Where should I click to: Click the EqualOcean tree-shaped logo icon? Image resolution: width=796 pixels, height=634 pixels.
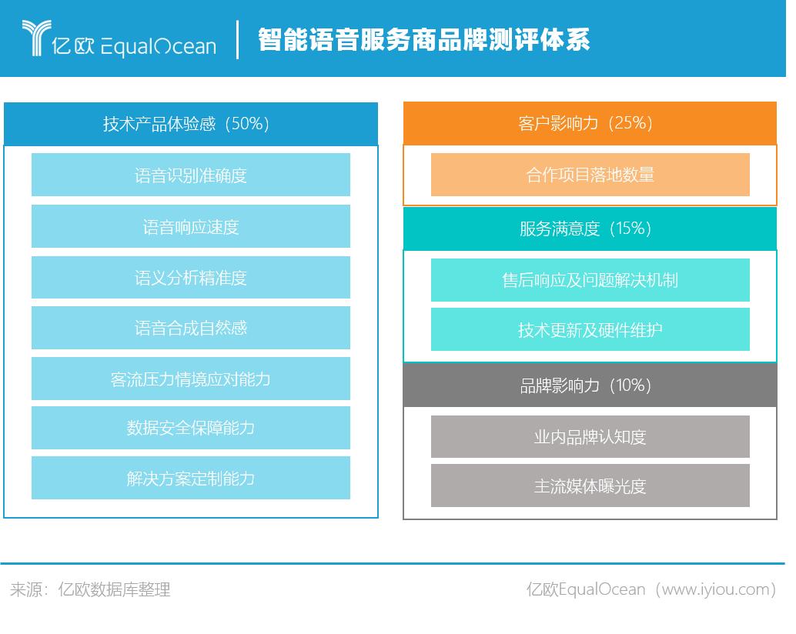pyautogui.click(x=36, y=38)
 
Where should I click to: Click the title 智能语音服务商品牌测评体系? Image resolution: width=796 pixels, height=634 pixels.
pyautogui.click(x=424, y=39)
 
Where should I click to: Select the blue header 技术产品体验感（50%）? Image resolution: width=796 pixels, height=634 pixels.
pyautogui.click(x=191, y=124)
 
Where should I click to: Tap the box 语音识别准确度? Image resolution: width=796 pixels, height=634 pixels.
pyautogui.click(x=191, y=175)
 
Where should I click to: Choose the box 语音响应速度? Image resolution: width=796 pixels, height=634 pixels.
pyautogui.click(x=191, y=226)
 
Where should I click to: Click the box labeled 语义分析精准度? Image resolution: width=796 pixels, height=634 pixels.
pyautogui.click(x=191, y=278)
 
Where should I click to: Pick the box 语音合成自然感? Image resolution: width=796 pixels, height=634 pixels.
pyautogui.click(x=191, y=328)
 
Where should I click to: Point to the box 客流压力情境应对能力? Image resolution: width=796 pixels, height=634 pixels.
pyautogui.click(x=191, y=379)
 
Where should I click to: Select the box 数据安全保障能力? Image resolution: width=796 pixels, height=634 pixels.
pyautogui.click(x=191, y=428)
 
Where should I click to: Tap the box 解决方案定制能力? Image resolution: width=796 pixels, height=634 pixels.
pyautogui.click(x=191, y=478)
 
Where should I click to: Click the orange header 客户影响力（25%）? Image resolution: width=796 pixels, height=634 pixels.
pyautogui.click(x=590, y=123)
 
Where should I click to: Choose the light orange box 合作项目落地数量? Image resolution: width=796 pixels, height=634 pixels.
pyautogui.click(x=590, y=175)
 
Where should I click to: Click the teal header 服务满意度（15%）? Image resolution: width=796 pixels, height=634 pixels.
pyautogui.click(x=590, y=229)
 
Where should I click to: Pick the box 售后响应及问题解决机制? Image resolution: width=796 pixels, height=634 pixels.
pyautogui.click(x=590, y=280)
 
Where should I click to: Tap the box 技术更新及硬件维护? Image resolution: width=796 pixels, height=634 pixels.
pyautogui.click(x=590, y=329)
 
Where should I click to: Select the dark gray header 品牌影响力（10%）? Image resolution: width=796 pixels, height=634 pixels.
pyautogui.click(x=590, y=385)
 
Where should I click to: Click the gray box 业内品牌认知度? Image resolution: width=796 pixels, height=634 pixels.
pyautogui.click(x=590, y=437)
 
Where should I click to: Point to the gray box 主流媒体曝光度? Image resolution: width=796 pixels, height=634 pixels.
pyautogui.click(x=590, y=486)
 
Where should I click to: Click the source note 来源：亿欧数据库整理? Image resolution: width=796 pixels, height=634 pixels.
pyautogui.click(x=90, y=589)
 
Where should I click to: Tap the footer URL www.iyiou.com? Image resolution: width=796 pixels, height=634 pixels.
pyautogui.click(x=715, y=589)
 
